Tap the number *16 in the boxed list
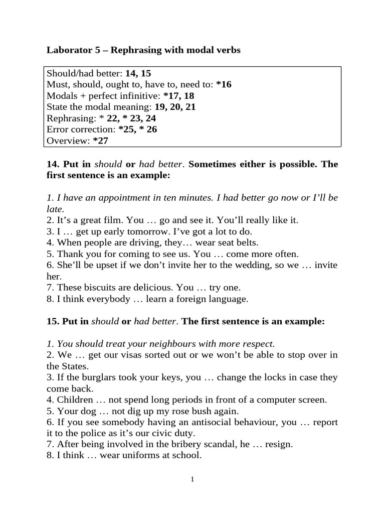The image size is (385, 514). tap(224, 84)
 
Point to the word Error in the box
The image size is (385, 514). tap(58, 130)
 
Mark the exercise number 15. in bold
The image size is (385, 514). tap(53, 321)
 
